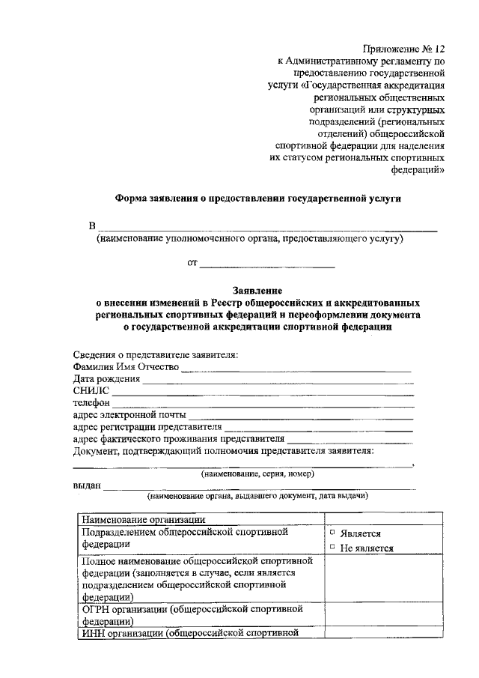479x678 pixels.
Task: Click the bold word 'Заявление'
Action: click(x=257, y=290)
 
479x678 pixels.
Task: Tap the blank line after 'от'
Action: click(x=267, y=264)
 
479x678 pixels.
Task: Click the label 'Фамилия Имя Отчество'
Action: click(x=126, y=366)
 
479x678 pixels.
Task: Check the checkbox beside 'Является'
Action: click(x=332, y=533)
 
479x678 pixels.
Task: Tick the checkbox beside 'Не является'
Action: click(x=332, y=547)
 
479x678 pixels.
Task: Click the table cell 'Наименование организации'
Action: click(x=144, y=518)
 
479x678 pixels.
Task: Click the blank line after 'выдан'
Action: click(x=258, y=488)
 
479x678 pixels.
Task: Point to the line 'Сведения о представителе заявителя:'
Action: click(x=156, y=354)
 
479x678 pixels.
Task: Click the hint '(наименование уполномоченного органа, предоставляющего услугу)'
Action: click(x=249, y=239)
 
